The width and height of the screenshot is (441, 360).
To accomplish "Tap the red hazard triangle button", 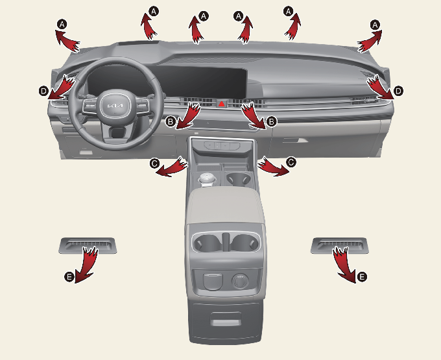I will click(x=221, y=103).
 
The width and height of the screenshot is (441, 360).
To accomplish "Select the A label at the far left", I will click(x=62, y=23).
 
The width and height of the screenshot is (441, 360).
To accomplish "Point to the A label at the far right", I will click(x=374, y=23).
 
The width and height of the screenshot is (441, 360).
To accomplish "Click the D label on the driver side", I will click(x=43, y=91).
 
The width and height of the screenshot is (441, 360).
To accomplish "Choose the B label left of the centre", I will click(x=170, y=121).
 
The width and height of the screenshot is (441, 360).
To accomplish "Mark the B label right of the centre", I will click(x=272, y=121).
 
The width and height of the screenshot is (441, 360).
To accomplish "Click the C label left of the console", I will click(x=154, y=163).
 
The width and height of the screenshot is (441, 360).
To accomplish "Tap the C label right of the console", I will click(x=291, y=163).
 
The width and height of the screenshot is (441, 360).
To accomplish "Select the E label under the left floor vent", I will click(x=69, y=276).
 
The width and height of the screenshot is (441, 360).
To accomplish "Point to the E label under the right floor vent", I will click(x=362, y=277).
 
